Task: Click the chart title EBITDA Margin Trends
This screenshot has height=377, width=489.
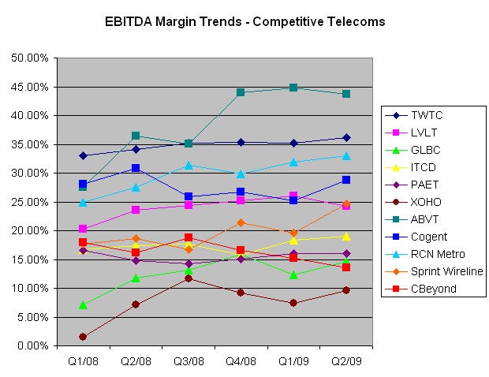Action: coord(244,21)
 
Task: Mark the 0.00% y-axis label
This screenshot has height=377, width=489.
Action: coord(32,346)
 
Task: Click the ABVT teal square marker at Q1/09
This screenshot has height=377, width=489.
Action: coord(293,88)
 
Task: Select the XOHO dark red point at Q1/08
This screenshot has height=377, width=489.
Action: coord(83,337)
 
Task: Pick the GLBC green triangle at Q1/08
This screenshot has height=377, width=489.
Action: coord(83,304)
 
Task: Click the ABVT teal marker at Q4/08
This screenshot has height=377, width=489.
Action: coord(241,92)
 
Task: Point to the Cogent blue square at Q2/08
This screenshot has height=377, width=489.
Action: coord(136,168)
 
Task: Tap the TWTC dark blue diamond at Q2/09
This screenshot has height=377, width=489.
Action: coord(345,137)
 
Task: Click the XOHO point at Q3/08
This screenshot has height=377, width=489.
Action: coord(189,278)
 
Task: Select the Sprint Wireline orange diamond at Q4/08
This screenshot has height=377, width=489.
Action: coord(241,222)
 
